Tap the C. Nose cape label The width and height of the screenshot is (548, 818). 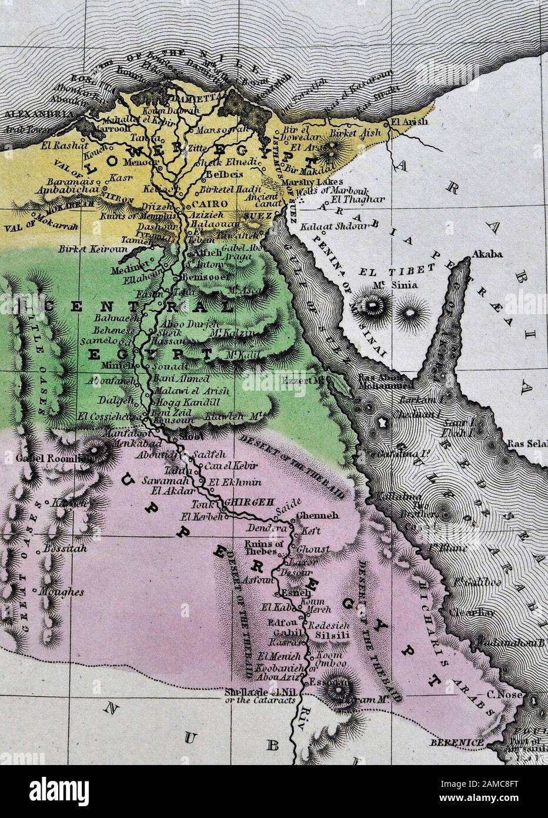pyautogui.click(x=499, y=695)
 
